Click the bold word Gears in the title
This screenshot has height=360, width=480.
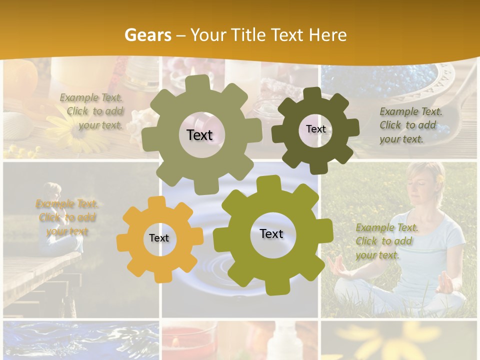pyautogui.click(x=147, y=35)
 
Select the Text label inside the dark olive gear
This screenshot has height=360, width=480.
pyautogui.click(x=315, y=129)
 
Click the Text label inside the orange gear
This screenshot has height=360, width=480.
pyautogui.click(x=159, y=238)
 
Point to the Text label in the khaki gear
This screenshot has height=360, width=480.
pyautogui.click(x=199, y=135)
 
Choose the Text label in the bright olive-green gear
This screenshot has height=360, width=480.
pyautogui.click(x=271, y=233)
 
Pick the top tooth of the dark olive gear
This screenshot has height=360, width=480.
pyautogui.click(x=312, y=94)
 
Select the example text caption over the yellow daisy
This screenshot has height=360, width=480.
pyautogui.click(x=92, y=111)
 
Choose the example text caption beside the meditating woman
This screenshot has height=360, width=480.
pyautogui.click(x=385, y=241)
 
